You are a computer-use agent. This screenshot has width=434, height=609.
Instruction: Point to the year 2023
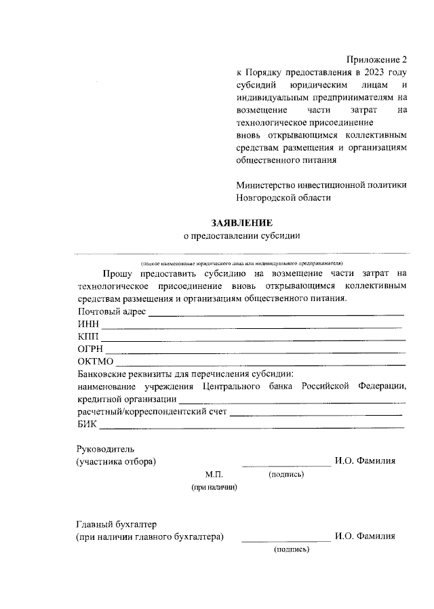click(x=374, y=73)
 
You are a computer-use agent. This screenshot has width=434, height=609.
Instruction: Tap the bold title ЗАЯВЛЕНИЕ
click(x=242, y=222)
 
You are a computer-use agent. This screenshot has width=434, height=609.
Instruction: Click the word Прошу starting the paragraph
click(x=117, y=273)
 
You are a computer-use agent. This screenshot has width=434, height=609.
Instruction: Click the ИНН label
click(x=87, y=324)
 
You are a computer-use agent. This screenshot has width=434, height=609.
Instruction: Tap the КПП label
click(x=88, y=336)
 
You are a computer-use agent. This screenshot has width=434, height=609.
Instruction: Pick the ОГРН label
click(x=90, y=349)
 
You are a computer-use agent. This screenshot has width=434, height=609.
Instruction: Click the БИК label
click(x=87, y=425)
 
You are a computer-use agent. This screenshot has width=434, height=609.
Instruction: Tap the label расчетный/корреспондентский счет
click(x=151, y=412)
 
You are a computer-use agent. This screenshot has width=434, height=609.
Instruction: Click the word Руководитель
click(x=106, y=449)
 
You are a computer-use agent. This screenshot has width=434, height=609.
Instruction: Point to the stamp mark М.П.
click(x=214, y=474)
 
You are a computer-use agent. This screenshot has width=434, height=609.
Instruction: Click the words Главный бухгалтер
click(x=116, y=524)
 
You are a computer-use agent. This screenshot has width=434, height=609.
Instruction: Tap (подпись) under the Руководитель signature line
click(x=286, y=474)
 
